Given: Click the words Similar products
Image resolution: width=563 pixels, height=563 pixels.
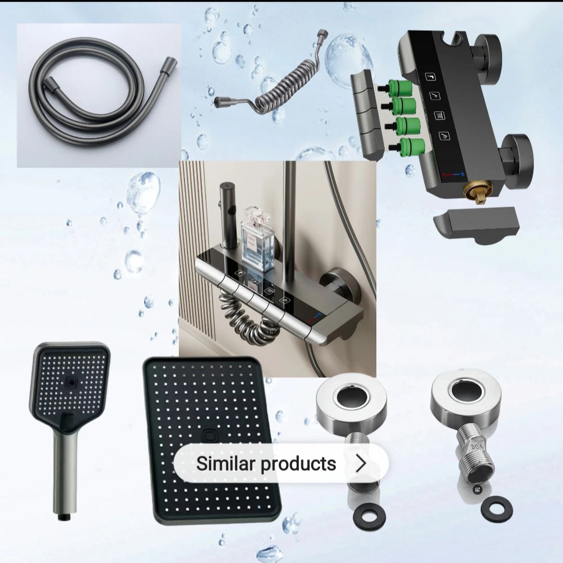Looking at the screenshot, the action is coord(266,463).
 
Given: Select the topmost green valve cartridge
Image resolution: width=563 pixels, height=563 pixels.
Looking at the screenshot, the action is coord(399,88).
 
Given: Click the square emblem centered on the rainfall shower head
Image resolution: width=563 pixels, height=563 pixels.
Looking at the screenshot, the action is coord(209,436).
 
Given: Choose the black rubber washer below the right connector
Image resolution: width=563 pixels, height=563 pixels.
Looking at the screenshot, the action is coord(497,508).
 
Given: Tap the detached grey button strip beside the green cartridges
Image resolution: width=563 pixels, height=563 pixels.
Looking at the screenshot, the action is coord(368,115).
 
